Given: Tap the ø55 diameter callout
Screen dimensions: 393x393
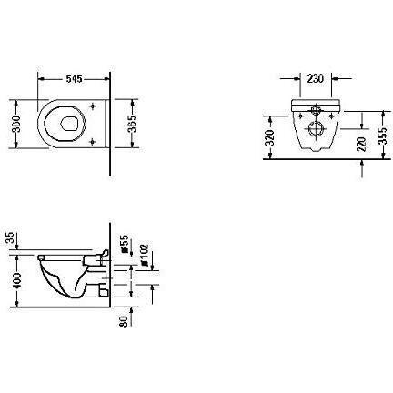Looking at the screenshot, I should point(124,245).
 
